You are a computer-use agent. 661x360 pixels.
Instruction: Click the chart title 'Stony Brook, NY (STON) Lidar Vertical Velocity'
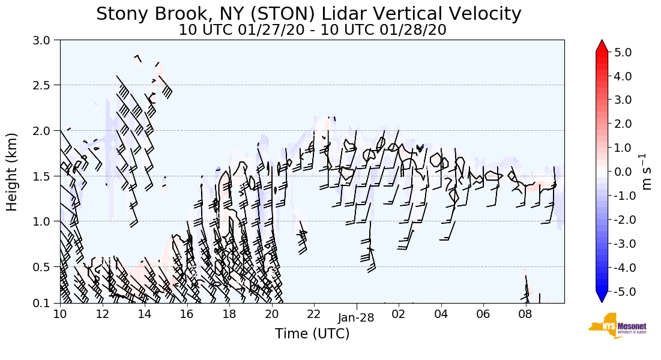[x=309, y=14]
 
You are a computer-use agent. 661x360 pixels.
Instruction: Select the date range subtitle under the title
[x=312, y=30]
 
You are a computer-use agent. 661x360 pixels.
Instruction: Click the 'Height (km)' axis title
[x=13, y=172]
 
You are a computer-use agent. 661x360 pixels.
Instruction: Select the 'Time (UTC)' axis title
[x=312, y=334]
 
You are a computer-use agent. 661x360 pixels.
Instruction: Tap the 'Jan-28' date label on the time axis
[x=356, y=318]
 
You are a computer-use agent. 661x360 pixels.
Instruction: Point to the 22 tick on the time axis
[x=314, y=313]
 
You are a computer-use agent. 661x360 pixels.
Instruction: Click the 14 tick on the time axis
[x=145, y=313]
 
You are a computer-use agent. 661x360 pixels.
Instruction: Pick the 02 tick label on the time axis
[x=399, y=313]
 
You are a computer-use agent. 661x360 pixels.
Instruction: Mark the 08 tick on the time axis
[x=525, y=313]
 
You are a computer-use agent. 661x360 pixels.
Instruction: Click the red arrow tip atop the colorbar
[x=602, y=45]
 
